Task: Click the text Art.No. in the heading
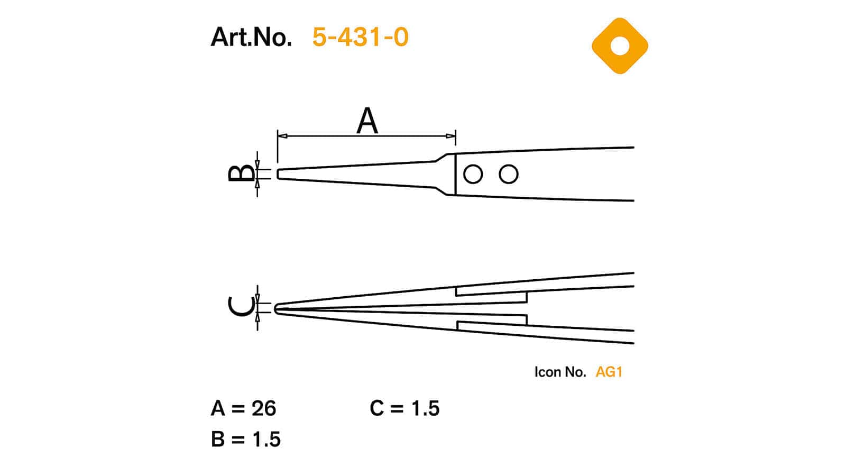coord(251,37)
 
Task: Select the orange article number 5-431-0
coord(360,37)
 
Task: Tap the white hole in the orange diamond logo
coord(620,45)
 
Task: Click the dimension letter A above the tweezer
coord(367,121)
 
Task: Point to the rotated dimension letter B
coord(242,173)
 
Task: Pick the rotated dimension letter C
coord(242,306)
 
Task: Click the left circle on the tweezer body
coord(473,174)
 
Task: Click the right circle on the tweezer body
coord(508,174)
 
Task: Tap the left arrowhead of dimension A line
coord(282,136)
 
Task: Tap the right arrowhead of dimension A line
coord(451,136)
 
